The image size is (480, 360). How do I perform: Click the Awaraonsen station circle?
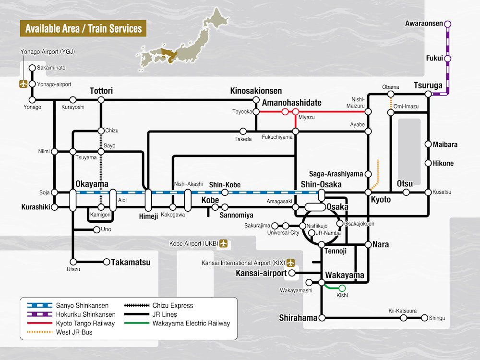pyautogui.click(x=447, y=24)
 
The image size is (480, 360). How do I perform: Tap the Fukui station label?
pyautogui.click(x=434, y=58)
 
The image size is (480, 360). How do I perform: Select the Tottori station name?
pyautogui.click(x=101, y=91)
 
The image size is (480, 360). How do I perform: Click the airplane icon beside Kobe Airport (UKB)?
pyautogui.click(x=224, y=243)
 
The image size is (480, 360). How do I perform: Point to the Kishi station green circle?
pyautogui.click(x=342, y=288)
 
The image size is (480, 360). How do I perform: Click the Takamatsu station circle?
pyautogui.click(x=107, y=262)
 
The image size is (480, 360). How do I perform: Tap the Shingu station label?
pyautogui.click(x=437, y=318)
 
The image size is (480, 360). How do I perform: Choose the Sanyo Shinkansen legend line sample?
pyautogui.click(x=39, y=305)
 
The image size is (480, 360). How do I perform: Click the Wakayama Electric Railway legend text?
pyautogui.click(x=191, y=323)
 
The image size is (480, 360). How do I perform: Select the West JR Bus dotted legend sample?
pyautogui.click(x=39, y=332)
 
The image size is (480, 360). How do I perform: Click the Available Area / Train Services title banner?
pyautogui.click(x=83, y=28)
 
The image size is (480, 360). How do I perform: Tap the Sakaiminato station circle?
pyautogui.click(x=32, y=68)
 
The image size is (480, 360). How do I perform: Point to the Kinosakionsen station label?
pyautogui.click(x=256, y=91)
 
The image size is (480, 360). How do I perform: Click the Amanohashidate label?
pyautogui.click(x=292, y=103)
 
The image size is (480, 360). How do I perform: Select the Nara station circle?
pyautogui.click(x=368, y=244)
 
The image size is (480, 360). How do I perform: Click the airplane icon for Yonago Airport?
pyautogui.click(x=23, y=84)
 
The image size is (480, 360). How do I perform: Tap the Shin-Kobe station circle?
pyautogui.click(x=225, y=192)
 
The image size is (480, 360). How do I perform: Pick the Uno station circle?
pyautogui.click(x=97, y=229)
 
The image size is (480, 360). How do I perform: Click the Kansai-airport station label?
pyautogui.click(x=261, y=273)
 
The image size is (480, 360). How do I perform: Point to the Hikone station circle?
pyautogui.click(x=428, y=163)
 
